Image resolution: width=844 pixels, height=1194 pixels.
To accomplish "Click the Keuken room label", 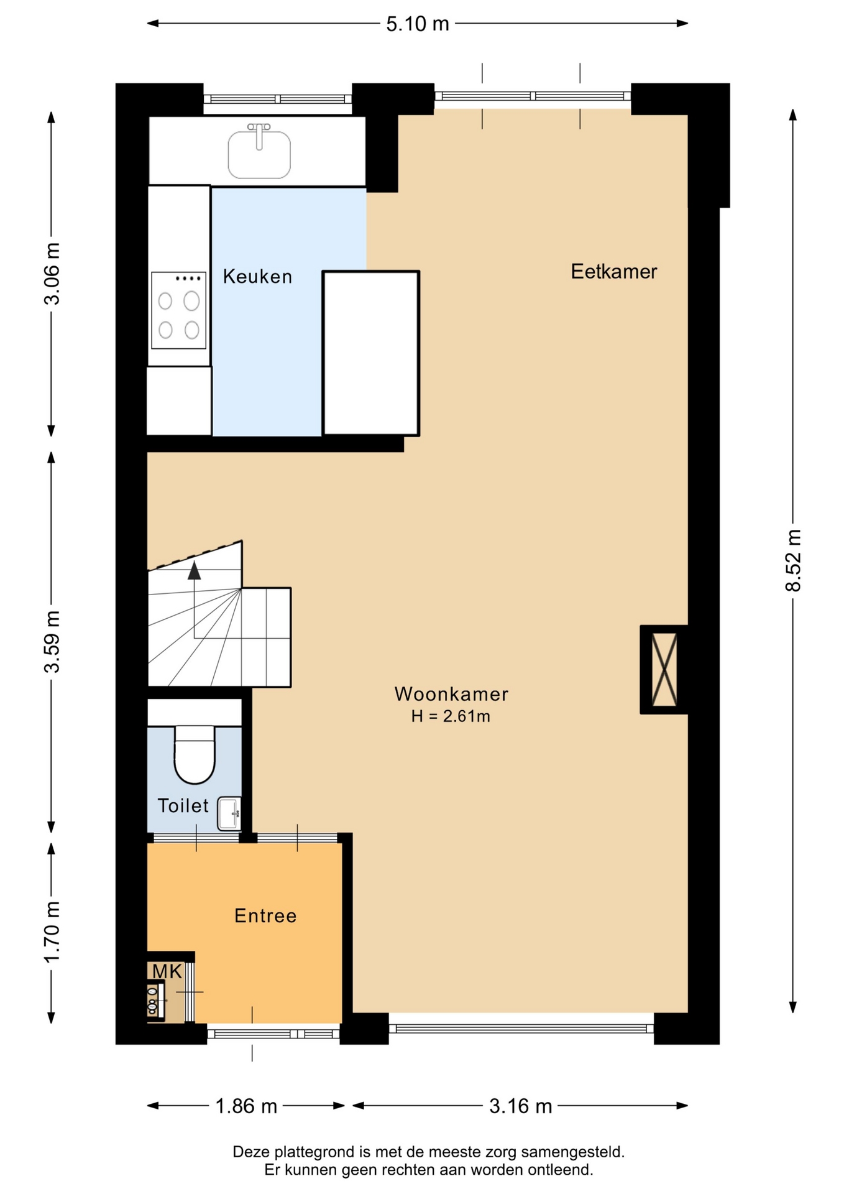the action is point(257,276).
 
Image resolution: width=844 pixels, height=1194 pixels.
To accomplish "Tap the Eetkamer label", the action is point(614,271).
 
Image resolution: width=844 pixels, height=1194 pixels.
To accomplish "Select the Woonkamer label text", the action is point(451,693).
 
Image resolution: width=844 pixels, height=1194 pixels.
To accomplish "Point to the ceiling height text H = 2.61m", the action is point(451,716).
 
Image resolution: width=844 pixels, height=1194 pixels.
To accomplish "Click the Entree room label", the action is point(265,915).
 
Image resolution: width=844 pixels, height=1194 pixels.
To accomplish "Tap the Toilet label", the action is point(183,805).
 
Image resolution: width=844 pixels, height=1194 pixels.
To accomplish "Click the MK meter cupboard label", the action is point(167,971).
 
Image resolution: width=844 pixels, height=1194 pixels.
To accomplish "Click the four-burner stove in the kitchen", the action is point(178,310).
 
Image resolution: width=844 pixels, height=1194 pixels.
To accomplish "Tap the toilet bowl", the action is point(195,754).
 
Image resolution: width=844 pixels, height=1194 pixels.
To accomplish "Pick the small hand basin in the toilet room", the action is point(229,813).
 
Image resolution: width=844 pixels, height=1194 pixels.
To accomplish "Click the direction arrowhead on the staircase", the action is point(195,570).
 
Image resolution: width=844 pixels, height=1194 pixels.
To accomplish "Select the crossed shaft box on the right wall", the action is point(664,669).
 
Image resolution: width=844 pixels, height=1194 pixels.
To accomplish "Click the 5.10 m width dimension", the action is point(418,24).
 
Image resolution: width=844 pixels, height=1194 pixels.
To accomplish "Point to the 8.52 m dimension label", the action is point(793,560).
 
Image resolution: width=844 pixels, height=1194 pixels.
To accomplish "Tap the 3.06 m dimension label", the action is point(52,274).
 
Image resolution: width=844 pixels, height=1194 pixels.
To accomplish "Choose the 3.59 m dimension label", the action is point(52,642).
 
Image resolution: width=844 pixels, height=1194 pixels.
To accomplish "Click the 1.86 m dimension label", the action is point(246,1106).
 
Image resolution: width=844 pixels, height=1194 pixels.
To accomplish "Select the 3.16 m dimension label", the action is point(521,1106).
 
